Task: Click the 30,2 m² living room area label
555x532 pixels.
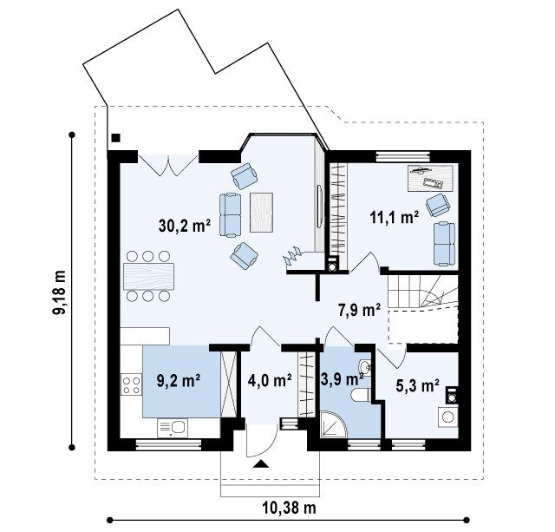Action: click(185, 226)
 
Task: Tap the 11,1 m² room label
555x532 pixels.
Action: click(395, 217)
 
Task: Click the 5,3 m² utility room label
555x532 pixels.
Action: click(418, 385)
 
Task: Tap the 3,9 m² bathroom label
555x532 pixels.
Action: click(343, 379)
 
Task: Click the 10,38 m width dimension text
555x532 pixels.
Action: click(289, 509)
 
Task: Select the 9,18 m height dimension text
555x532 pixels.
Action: click(59, 292)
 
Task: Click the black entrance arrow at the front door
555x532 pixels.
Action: click(261, 464)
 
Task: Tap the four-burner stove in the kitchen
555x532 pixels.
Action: click(131, 385)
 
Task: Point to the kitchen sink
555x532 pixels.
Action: click(173, 428)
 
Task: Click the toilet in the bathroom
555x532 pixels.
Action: click(361, 395)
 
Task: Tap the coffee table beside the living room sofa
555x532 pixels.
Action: click(261, 212)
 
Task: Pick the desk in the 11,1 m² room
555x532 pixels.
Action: click(430, 178)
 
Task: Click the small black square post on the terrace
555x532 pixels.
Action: click(115, 138)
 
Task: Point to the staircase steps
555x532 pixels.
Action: click(423, 291)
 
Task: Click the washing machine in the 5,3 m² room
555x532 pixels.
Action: click(447, 417)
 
